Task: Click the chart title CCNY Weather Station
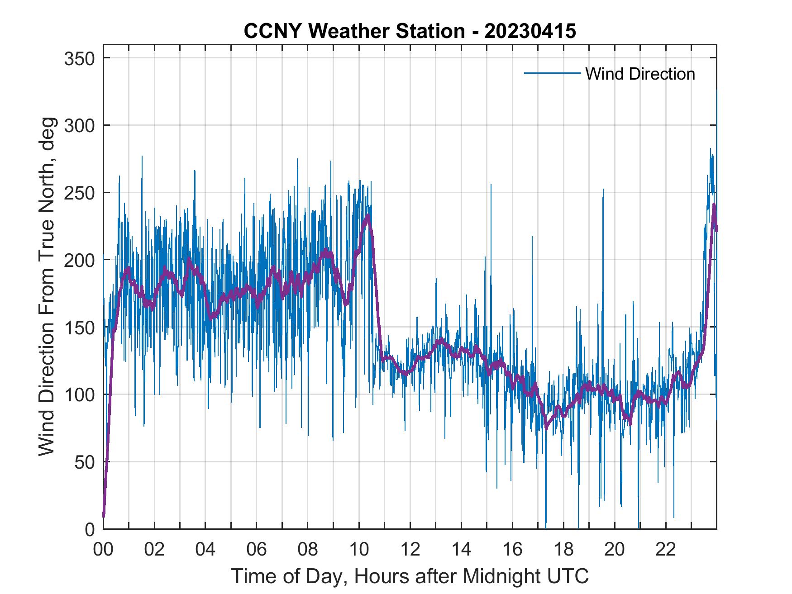pyautogui.click(x=354, y=31)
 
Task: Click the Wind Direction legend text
pyautogui.click(x=640, y=74)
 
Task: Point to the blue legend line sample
pyautogui.click(x=552, y=73)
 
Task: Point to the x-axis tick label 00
pyautogui.click(x=103, y=550)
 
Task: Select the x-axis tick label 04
pyautogui.click(x=205, y=550)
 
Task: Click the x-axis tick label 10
pyautogui.click(x=359, y=550)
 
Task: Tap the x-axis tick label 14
pyautogui.click(x=461, y=550)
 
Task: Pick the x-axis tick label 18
pyautogui.click(x=563, y=550)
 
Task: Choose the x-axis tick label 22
pyautogui.click(x=666, y=550)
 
